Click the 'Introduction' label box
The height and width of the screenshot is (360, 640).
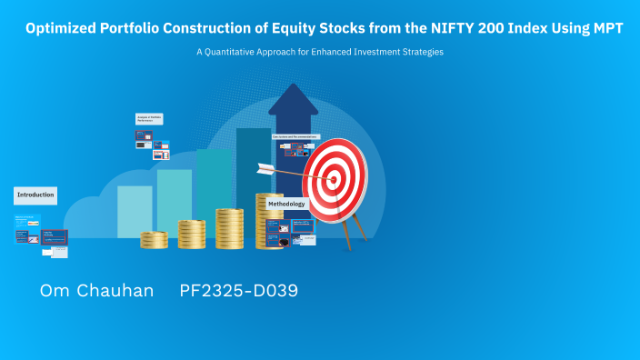pos(35,195)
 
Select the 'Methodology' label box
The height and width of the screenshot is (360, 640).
pos(286,205)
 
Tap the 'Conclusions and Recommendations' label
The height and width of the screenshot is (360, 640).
pos(295,136)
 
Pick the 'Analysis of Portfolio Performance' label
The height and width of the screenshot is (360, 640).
pos(148,119)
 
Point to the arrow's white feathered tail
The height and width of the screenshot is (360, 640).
pos(265,167)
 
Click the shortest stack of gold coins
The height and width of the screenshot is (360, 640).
pos(155,240)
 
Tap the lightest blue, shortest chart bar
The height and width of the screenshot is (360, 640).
pos(135,211)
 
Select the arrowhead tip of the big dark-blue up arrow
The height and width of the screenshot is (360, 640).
pos(293,86)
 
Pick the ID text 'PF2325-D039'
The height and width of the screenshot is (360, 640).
pos(238,291)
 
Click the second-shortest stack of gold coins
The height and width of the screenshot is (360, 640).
pos(192,235)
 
